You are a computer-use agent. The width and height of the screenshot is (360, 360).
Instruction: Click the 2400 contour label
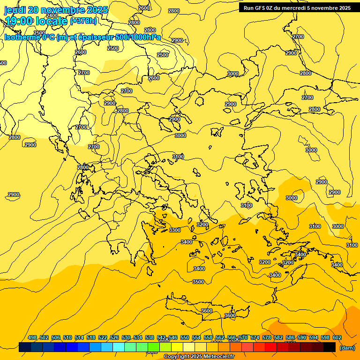(52, 15)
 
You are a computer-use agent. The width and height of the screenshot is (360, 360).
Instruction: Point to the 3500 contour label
(198, 282)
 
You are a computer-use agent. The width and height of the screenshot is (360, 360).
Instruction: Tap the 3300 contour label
(175, 230)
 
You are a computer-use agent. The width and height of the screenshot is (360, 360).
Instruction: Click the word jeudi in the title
(16, 10)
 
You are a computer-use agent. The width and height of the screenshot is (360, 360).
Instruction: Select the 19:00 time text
(19, 21)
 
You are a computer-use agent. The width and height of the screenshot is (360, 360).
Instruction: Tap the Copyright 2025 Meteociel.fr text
(199, 357)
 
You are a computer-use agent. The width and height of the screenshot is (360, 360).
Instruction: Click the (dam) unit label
(347, 348)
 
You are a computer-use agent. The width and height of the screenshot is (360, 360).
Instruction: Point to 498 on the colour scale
(32, 337)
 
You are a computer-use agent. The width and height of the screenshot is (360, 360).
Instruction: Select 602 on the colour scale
(337, 337)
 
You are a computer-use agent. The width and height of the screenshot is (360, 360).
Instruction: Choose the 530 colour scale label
(126, 337)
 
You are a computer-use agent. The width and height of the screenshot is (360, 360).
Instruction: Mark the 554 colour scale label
(196, 337)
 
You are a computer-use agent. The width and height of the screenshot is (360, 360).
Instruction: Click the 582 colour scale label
(278, 337)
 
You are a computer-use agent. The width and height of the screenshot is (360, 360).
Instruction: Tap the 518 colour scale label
(91, 337)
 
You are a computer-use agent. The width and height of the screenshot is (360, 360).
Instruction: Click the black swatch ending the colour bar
(330, 347)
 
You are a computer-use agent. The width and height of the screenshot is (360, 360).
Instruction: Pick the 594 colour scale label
(314, 337)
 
